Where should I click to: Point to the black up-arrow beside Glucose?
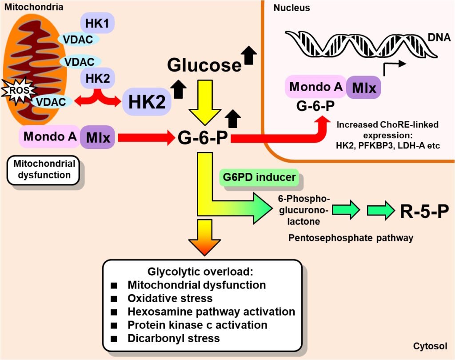click(249, 56)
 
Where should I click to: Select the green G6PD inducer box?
click(260, 178)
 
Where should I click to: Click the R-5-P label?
click(421, 212)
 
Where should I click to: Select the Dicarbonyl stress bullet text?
click(173, 338)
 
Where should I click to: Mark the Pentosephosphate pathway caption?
click(351, 238)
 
